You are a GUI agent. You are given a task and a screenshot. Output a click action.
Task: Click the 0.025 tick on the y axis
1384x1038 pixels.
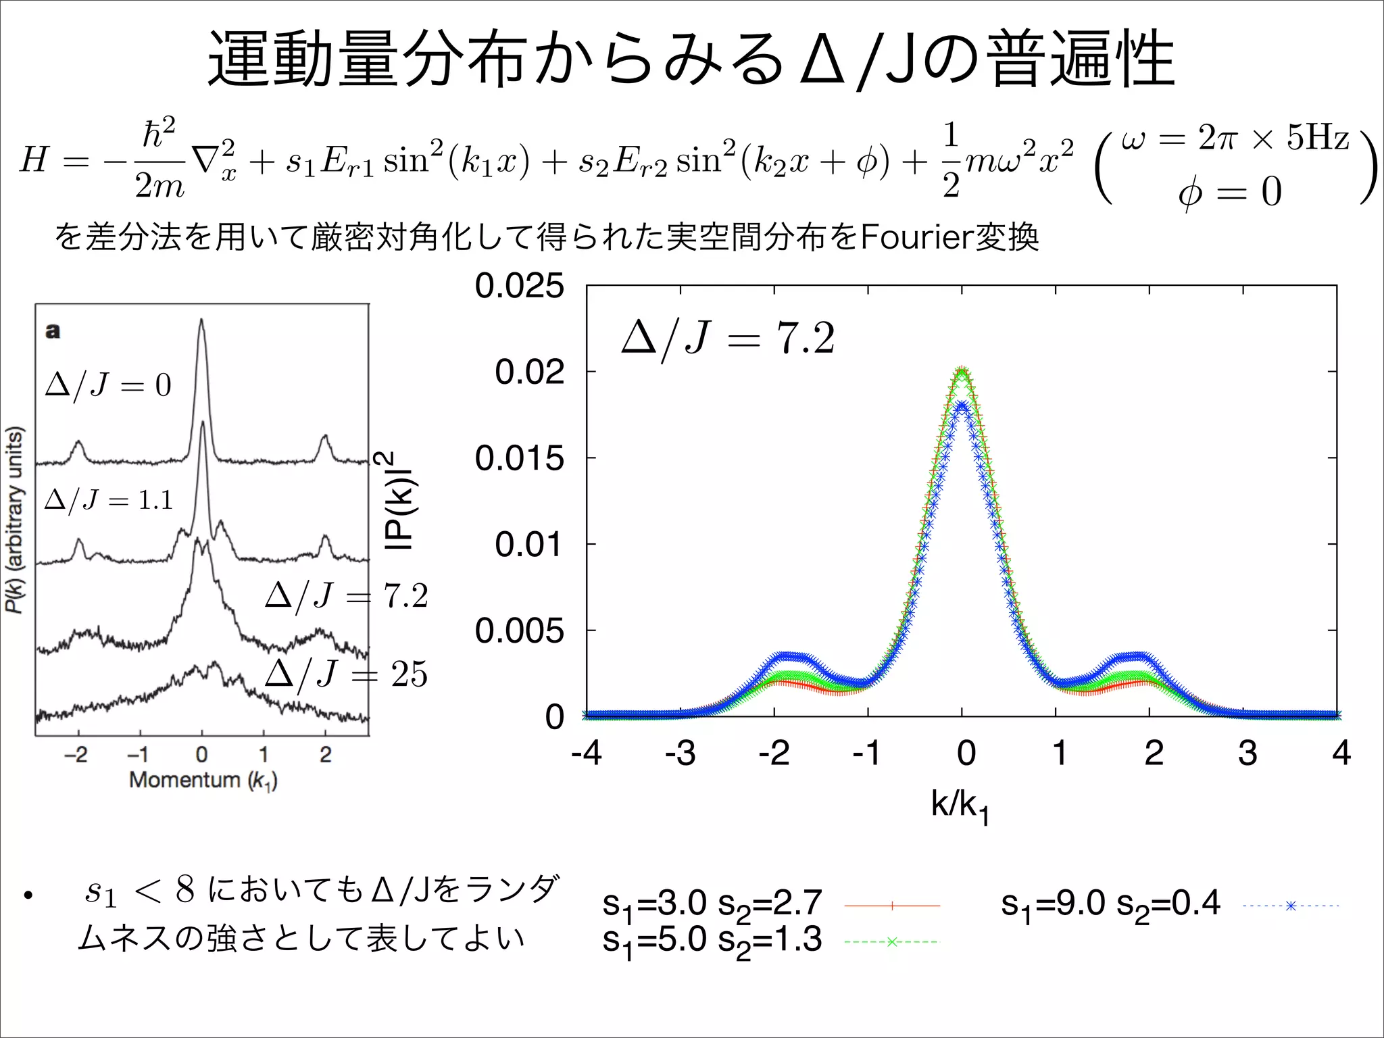(518, 285)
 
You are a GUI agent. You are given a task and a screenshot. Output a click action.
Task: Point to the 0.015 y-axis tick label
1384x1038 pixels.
(518, 458)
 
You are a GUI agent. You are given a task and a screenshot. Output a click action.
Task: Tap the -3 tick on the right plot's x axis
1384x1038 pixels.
(680, 753)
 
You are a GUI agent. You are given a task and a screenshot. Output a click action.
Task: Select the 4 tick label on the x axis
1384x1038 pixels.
(1341, 753)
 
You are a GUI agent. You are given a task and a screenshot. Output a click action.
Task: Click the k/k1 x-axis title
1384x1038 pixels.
(960, 806)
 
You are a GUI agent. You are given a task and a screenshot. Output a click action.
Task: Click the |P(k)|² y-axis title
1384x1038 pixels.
(399, 500)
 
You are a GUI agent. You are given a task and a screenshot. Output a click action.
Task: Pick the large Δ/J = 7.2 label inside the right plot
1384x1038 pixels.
(728, 339)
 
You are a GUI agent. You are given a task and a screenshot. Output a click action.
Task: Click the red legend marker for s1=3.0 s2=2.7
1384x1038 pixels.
(892, 906)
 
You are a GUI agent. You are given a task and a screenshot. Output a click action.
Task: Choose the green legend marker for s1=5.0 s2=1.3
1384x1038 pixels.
(892, 941)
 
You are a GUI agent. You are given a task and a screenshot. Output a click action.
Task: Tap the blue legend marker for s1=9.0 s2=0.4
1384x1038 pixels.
(1290, 906)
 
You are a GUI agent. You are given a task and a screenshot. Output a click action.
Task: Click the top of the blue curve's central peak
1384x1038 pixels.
(962, 405)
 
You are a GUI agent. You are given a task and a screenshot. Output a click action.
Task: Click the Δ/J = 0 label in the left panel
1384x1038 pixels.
(108, 385)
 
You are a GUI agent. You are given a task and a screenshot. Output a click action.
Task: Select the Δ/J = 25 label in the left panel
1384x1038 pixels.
(346, 674)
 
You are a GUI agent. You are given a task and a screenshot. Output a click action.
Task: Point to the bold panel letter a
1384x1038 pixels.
(53, 331)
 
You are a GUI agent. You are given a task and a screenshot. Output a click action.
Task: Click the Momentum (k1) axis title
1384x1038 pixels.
(203, 780)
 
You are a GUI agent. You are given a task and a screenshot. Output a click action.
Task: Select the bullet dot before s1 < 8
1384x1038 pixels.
(28, 896)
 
